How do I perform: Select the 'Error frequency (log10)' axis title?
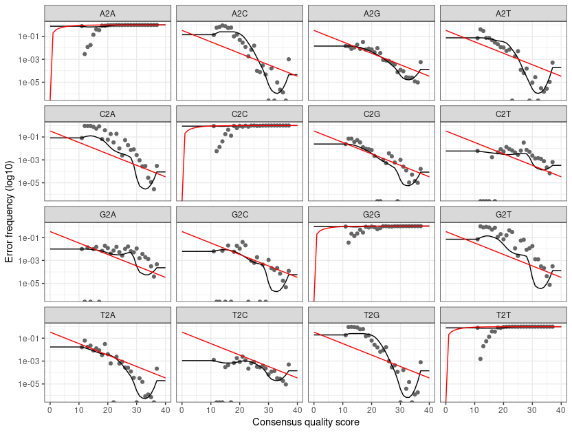9,206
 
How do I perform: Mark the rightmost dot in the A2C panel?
289,59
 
